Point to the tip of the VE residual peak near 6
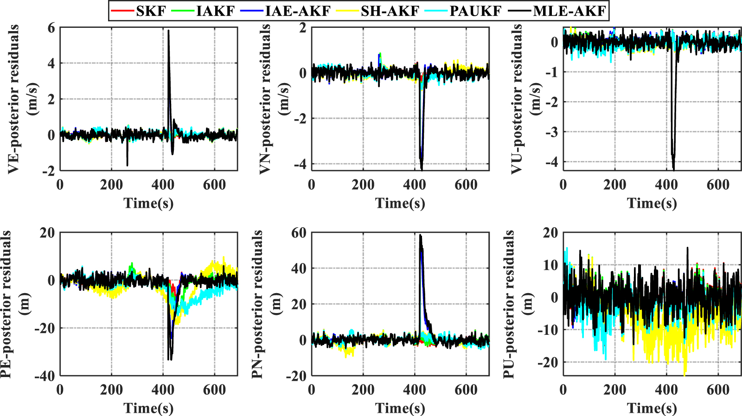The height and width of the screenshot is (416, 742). coord(168,31)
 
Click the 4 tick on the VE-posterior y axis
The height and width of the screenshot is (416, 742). coord(51,64)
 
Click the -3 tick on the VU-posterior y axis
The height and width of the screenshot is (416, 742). coord(552,132)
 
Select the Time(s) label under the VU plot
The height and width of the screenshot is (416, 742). coord(652,203)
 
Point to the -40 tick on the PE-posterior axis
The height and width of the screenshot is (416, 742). coord(45,376)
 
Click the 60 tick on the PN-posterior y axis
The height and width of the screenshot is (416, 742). coord(299,233)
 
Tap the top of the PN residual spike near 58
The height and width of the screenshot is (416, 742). coord(420,235)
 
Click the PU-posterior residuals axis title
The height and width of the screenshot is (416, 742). coord(509,304)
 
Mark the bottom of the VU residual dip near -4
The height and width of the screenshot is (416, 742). coord(673,169)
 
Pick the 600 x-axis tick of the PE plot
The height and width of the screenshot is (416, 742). coord(214,390)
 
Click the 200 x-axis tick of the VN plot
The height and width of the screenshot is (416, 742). coord(363,185)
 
